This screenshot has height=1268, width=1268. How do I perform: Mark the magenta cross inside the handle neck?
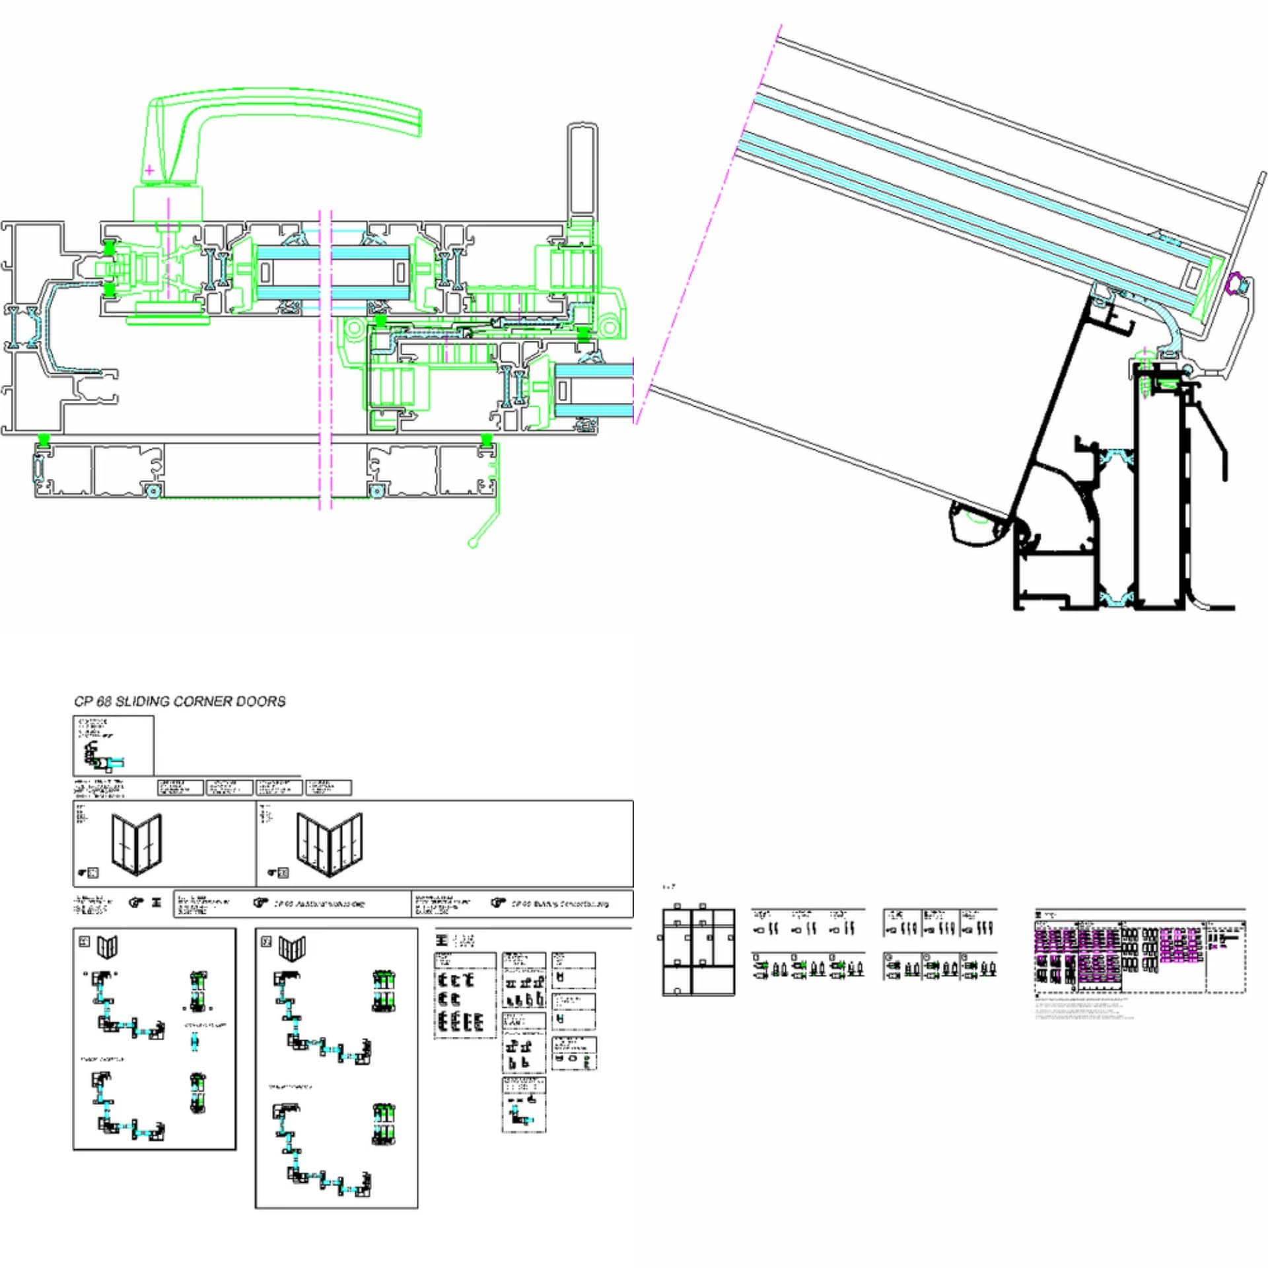[x=150, y=170]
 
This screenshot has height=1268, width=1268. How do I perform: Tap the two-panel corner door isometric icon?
[x=137, y=844]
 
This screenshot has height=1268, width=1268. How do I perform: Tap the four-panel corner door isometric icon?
[x=329, y=844]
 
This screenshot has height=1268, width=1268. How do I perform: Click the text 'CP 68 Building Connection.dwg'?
[x=560, y=903]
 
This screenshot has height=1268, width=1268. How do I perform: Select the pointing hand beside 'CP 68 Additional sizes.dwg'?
[x=261, y=903]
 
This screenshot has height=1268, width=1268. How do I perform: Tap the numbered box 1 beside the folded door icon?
[x=85, y=942]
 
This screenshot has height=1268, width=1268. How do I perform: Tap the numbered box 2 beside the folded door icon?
[x=267, y=942]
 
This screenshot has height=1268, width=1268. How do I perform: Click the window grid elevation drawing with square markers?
[x=698, y=951]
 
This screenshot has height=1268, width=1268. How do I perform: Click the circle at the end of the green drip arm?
[x=473, y=543]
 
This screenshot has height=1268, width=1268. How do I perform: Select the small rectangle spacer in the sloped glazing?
[x=1193, y=277]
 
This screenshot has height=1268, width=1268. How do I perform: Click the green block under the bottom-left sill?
[x=44, y=439]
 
